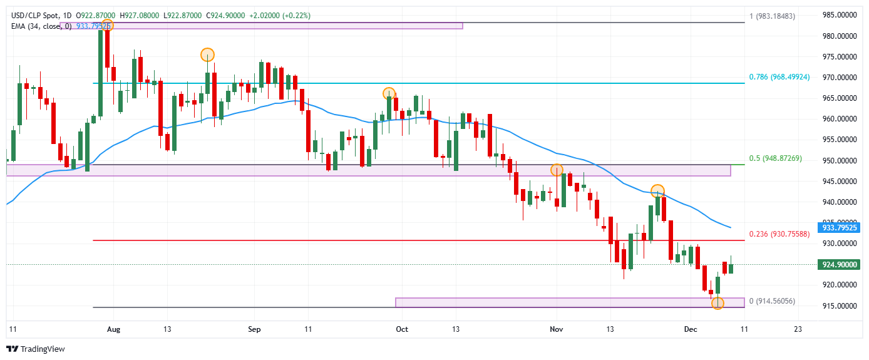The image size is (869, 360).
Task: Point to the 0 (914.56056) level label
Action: pos(772,301)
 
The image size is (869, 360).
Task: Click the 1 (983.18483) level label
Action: pos(772,16)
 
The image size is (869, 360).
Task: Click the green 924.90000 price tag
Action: pos(838,265)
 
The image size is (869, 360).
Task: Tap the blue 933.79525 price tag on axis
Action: pos(838,228)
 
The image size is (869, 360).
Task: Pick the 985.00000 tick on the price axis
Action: pos(838,15)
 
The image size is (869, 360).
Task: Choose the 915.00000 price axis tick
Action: pos(838,306)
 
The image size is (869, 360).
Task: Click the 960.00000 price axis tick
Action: pos(838,119)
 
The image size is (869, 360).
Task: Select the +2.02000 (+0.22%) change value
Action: pos(280,15)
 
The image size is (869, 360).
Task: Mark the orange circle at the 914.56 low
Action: pos(717,304)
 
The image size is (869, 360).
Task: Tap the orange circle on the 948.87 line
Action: pos(557,170)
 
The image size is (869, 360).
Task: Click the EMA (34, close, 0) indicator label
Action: pos(41,26)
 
